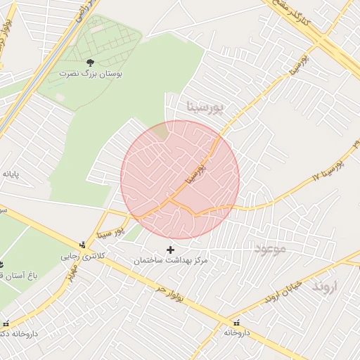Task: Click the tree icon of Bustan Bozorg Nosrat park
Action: [89, 63]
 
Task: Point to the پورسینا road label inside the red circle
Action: [194, 174]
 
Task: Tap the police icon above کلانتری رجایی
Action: [84, 245]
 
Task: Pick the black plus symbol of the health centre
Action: [169, 250]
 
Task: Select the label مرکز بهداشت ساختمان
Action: [172, 261]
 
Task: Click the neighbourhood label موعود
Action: [271, 250]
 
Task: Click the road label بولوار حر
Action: [169, 292]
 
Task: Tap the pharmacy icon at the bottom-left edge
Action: [6, 323]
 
